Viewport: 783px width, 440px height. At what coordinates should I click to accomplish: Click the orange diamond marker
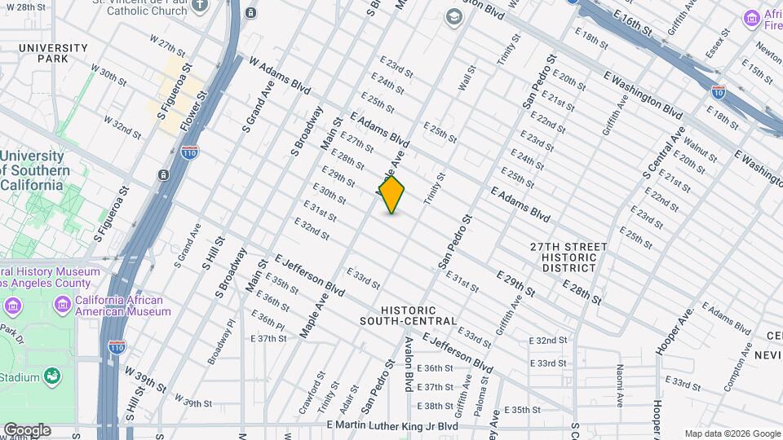coord(391,195)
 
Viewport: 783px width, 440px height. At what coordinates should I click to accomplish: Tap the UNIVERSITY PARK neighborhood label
coord(53,54)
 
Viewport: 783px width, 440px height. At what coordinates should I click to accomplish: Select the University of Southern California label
coord(33,170)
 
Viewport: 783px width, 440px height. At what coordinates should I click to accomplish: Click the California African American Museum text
coord(123,306)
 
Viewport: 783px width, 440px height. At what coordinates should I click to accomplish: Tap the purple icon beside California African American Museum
coord(63,306)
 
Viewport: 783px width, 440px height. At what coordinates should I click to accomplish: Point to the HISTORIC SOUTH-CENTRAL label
coord(409,316)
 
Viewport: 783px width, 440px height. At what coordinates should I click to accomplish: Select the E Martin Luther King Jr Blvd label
coord(392,426)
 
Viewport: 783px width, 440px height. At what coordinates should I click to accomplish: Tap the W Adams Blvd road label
coord(281,76)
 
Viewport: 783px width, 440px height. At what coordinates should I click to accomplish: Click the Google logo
coord(27,430)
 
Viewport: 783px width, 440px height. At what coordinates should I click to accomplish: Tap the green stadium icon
coord(53,376)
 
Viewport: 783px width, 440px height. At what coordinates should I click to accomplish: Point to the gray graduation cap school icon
coord(453,17)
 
